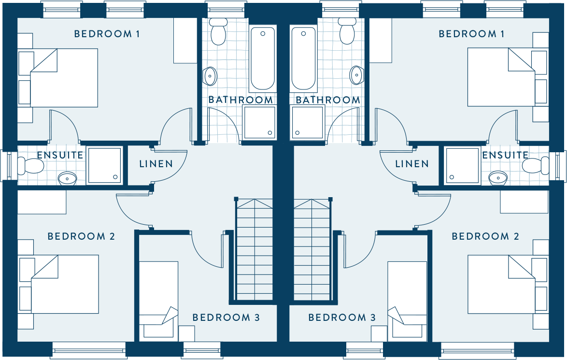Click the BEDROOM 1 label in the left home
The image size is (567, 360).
pyautogui.click(x=107, y=34)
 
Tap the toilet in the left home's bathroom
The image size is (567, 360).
pyautogui.click(x=218, y=31)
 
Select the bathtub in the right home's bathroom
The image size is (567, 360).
pyautogui.click(x=303, y=58)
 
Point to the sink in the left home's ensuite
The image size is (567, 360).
pyautogui.click(x=67, y=178)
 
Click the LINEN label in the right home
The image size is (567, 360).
pyautogui.click(x=412, y=164)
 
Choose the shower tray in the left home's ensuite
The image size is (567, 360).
pyautogui.click(x=104, y=165)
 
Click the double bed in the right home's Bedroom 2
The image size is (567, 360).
pyautogui.click(x=501, y=285)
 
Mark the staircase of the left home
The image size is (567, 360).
pyautogui.click(x=255, y=249)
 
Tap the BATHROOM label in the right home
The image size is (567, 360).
pyautogui.click(x=328, y=100)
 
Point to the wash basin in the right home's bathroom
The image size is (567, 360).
pyautogui.click(x=356, y=75)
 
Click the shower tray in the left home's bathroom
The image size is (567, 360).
pyautogui.click(x=259, y=122)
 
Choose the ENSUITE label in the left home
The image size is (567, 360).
pyautogui.click(x=60, y=155)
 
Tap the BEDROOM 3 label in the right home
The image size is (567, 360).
pyautogui.click(x=342, y=317)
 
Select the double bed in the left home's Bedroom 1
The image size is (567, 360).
pyautogui.click(x=64, y=78)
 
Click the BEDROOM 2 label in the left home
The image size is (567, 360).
pyautogui.click(x=81, y=237)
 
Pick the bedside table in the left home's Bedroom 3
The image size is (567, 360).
pyautogui.click(x=186, y=333)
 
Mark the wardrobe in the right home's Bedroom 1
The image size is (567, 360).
pyautogui.click(x=381, y=41)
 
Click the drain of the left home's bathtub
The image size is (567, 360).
pyautogui.click(x=263, y=34)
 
